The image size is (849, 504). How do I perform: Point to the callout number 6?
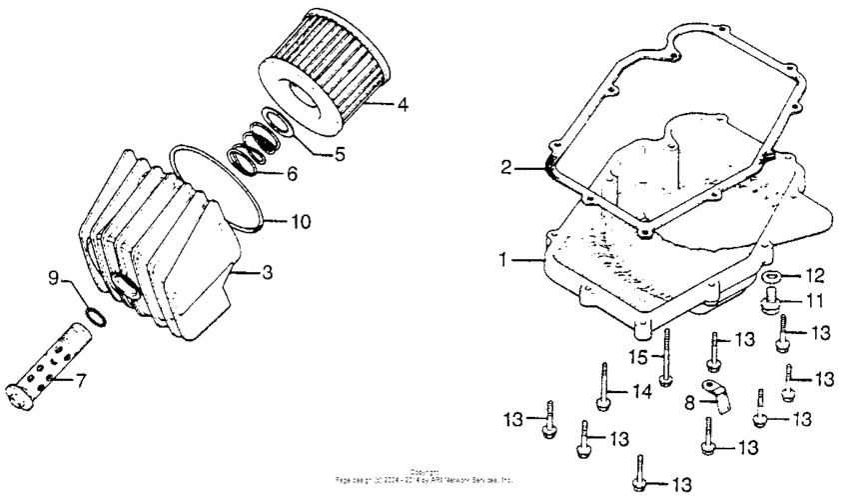[x=291, y=174]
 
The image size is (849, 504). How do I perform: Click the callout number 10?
[x=301, y=220]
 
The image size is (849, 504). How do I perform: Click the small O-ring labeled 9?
[x=93, y=316]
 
